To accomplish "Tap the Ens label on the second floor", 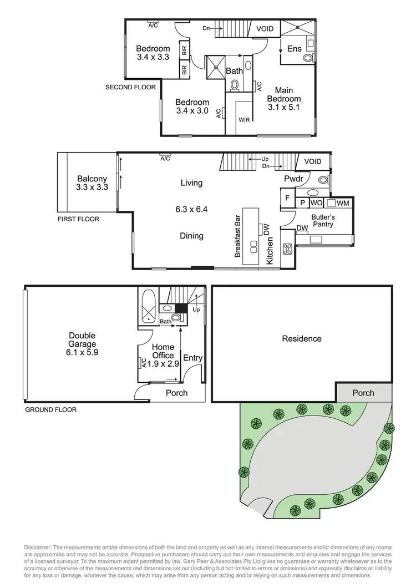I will [294, 49].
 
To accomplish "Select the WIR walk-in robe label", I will [244, 119].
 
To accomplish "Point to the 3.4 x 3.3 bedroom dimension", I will [153, 57].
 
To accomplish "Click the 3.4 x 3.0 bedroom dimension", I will [192, 111].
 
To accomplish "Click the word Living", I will [191, 183].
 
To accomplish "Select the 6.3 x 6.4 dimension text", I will [191, 210].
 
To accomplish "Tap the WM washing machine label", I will [343, 203].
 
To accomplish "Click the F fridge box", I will [287, 198].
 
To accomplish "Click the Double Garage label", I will [82, 339].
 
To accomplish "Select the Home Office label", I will [163, 351].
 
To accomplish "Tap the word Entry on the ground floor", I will [192, 358].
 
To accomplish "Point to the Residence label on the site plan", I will [302, 338].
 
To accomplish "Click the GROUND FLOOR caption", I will [50, 410].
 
